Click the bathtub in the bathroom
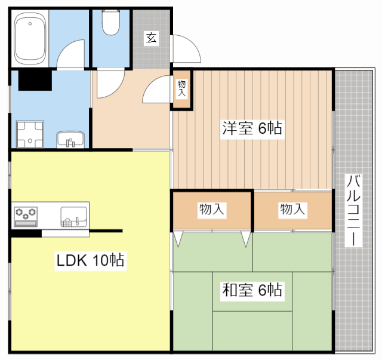point(30,39)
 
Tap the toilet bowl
point(110,23)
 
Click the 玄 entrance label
point(152,39)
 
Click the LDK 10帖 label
point(90,260)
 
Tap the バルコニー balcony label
point(353,210)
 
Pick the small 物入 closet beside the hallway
point(181,90)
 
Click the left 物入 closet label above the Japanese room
point(212,210)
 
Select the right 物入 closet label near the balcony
point(292,210)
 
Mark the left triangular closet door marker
point(178,239)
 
